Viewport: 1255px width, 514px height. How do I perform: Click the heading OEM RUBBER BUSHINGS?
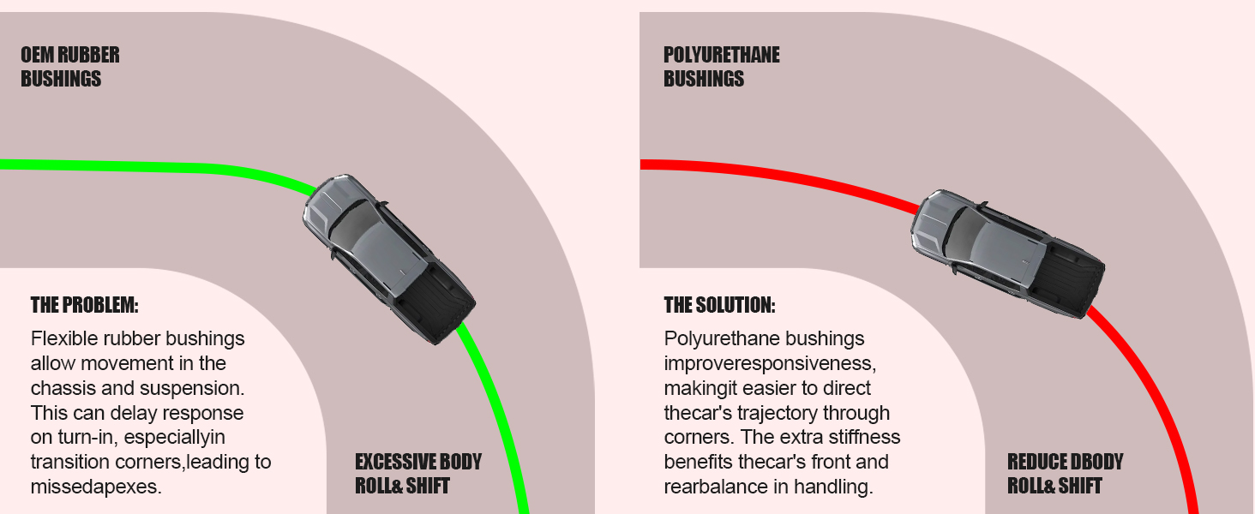70,67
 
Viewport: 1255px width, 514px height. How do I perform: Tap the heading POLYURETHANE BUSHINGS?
722,67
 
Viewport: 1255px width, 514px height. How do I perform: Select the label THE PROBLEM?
84,305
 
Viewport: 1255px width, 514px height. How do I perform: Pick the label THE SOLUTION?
719,305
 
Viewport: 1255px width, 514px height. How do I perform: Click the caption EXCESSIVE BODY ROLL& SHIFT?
418,474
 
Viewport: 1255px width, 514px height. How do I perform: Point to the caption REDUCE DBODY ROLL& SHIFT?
1065,474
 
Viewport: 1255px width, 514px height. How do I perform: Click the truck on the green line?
388,258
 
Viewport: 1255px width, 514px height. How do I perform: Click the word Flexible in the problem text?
63,338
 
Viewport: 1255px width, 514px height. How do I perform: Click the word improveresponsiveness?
770,363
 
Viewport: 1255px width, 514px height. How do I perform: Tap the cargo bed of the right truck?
1063,273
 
